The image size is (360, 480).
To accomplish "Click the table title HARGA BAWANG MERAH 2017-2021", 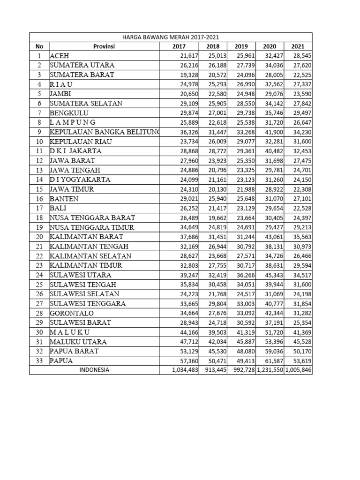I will click(171, 37).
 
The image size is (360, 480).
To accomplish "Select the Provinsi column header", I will click(104, 46).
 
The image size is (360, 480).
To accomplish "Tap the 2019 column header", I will click(241, 46).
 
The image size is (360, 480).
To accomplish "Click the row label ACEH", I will click(60, 56).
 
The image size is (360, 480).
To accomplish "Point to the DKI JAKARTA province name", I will click(75, 151).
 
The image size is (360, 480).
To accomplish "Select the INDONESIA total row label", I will click(94, 370).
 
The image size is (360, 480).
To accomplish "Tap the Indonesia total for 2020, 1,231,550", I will click(270, 370).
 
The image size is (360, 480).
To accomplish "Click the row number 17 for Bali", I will click(39, 208).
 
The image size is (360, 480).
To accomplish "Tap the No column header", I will click(39, 46).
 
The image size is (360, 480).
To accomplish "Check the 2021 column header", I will click(298, 46).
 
